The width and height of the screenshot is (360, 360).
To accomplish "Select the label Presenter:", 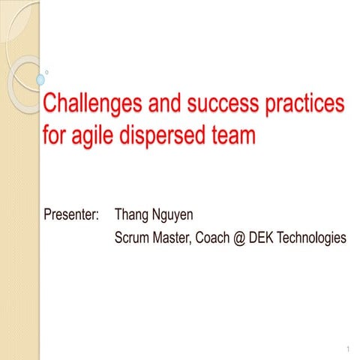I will [72, 215].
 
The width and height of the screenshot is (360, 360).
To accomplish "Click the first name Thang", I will [133, 215].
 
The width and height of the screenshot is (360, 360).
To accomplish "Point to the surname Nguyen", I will [173, 215].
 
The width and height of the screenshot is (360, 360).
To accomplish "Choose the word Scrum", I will [133, 238].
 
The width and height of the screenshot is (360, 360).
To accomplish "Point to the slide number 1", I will [349, 350].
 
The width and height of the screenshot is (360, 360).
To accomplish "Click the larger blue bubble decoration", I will [40, 79].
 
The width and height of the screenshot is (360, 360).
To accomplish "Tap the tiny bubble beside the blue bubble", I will [48, 72].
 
